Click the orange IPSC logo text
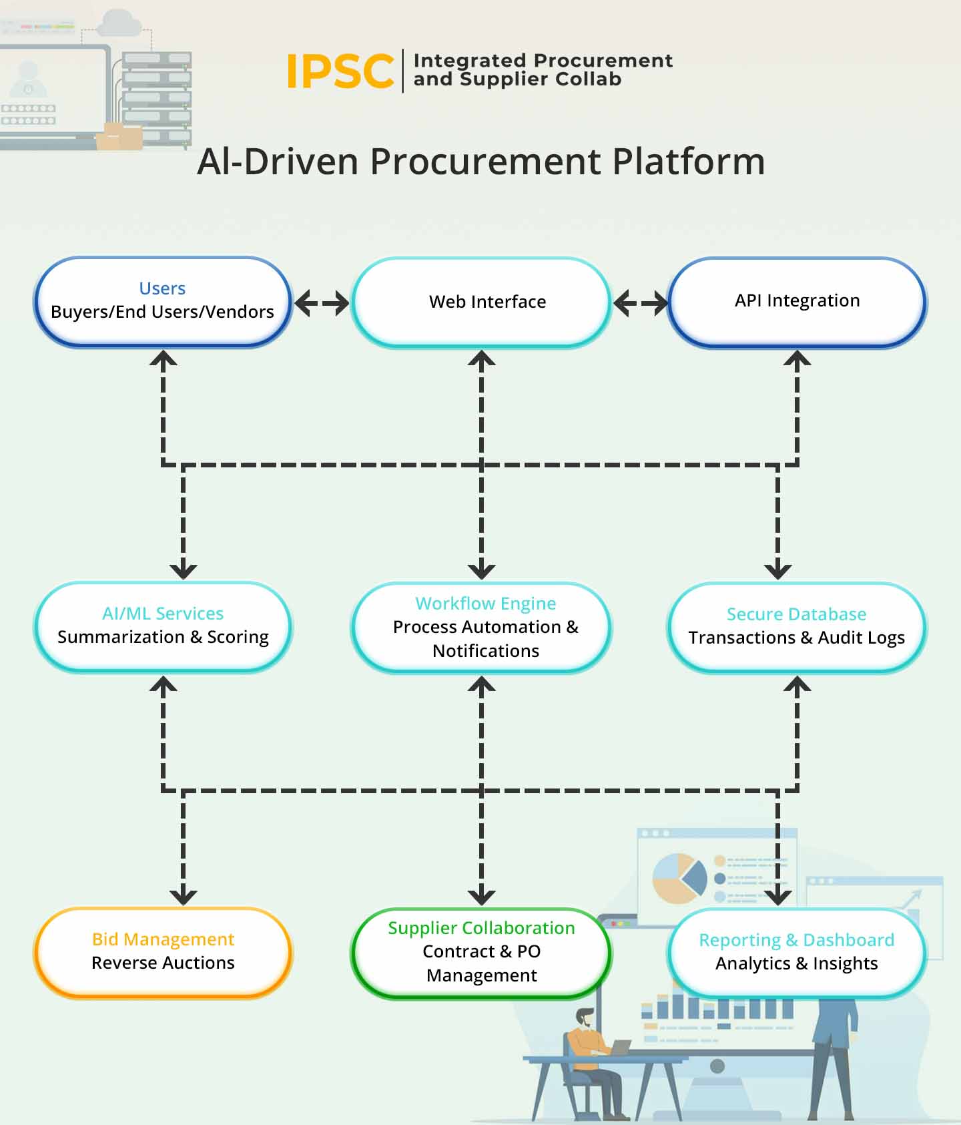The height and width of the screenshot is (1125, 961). pyautogui.click(x=340, y=71)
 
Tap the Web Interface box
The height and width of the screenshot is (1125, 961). pyautogui.click(x=487, y=302)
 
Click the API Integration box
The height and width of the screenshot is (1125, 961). pyautogui.click(x=797, y=300)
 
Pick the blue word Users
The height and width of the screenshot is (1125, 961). pyautogui.click(x=162, y=288)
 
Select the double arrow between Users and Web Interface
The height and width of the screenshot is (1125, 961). pyautogui.click(x=322, y=303)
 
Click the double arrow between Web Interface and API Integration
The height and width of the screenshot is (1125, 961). pyautogui.click(x=640, y=303)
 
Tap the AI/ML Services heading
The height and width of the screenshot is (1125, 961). pyautogui.click(x=163, y=613)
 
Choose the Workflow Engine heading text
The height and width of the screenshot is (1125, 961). pyautogui.click(x=485, y=603)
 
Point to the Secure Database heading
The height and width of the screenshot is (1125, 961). pyautogui.click(x=796, y=614)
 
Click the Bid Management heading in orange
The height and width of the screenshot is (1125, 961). pyautogui.click(x=163, y=939)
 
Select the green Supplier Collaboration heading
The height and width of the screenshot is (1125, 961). pyautogui.click(x=481, y=927)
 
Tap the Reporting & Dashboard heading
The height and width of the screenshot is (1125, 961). pyautogui.click(x=796, y=939)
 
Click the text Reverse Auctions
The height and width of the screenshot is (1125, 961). pyautogui.click(x=163, y=963)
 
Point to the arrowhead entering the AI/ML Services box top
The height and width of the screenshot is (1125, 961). pyautogui.click(x=184, y=571)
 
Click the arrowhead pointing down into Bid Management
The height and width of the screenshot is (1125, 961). pyautogui.click(x=184, y=897)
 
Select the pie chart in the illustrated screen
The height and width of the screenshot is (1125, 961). pyautogui.click(x=679, y=877)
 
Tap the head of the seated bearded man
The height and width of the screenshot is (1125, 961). pyautogui.click(x=585, y=1018)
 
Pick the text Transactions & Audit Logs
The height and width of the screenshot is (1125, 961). pyautogui.click(x=796, y=638)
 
